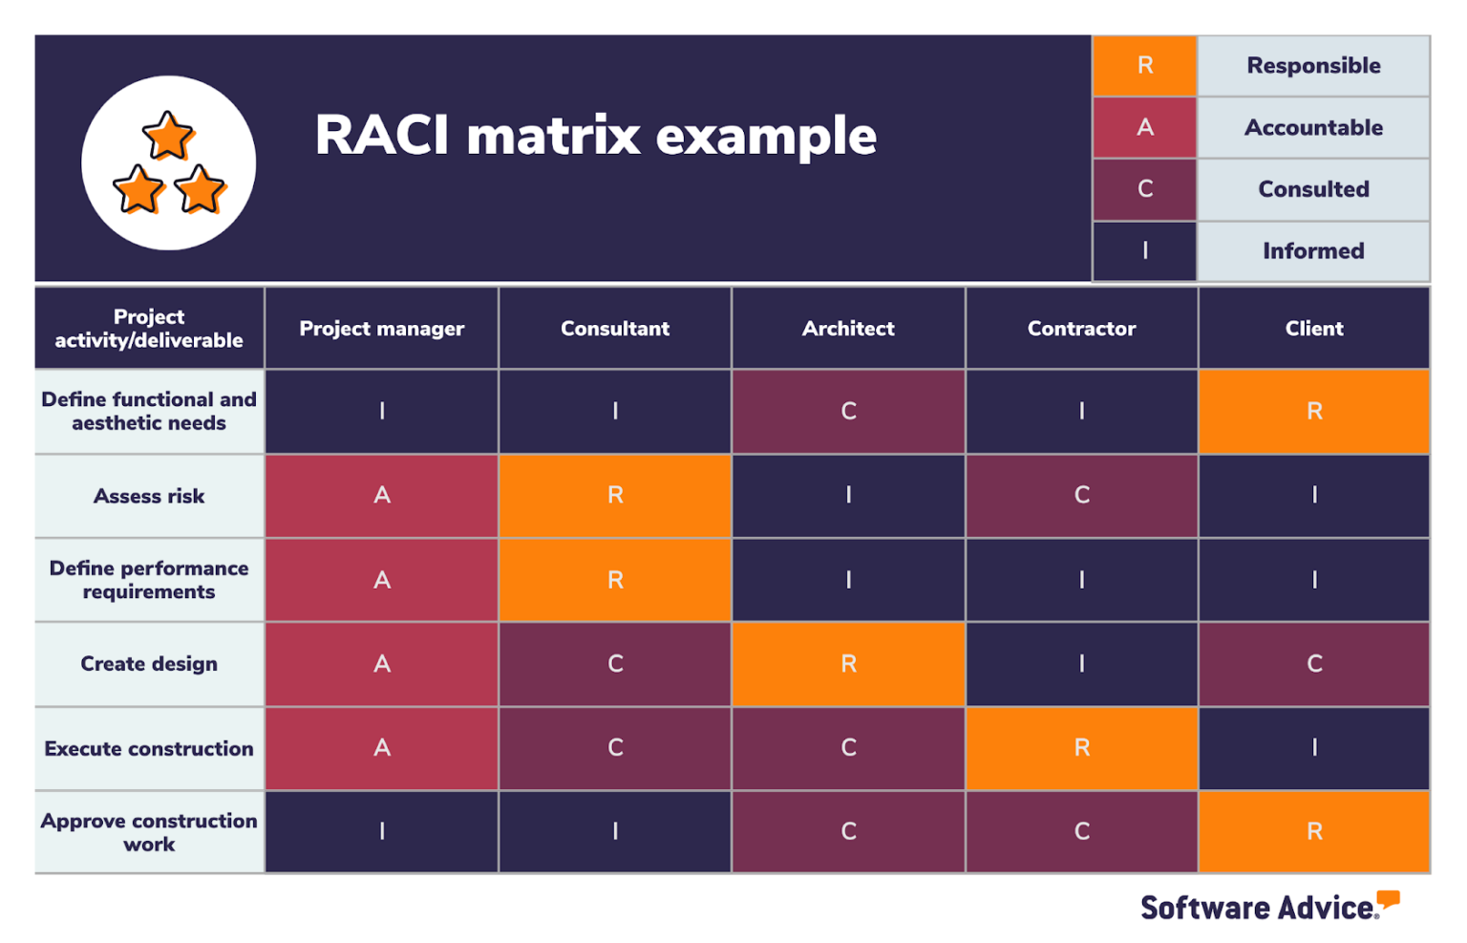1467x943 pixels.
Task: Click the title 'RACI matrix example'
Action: (x=595, y=135)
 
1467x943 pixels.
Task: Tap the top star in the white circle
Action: (x=168, y=136)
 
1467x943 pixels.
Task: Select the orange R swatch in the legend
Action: (x=1144, y=65)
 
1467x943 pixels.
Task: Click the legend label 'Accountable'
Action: (x=1313, y=127)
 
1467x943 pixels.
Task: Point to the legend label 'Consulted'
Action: (x=1313, y=189)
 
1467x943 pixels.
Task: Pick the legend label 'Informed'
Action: (x=1313, y=250)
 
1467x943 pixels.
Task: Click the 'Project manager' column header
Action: (x=381, y=329)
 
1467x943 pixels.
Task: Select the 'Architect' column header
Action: (x=848, y=329)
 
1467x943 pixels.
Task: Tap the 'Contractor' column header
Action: (x=1081, y=329)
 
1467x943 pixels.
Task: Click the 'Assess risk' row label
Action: (x=149, y=496)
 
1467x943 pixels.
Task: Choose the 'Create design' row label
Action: (x=149, y=664)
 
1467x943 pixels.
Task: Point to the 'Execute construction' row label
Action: (x=149, y=748)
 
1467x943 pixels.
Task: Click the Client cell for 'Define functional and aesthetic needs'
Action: (x=1314, y=411)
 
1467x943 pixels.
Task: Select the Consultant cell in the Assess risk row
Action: (x=615, y=495)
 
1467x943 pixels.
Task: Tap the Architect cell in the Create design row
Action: (x=848, y=664)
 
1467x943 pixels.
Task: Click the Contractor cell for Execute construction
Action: (x=1081, y=748)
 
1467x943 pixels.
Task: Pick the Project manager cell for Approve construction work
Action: (x=381, y=831)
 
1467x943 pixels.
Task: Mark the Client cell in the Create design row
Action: (x=1314, y=664)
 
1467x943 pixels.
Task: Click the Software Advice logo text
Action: (x=1259, y=907)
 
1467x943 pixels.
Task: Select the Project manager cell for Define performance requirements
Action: (x=381, y=580)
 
